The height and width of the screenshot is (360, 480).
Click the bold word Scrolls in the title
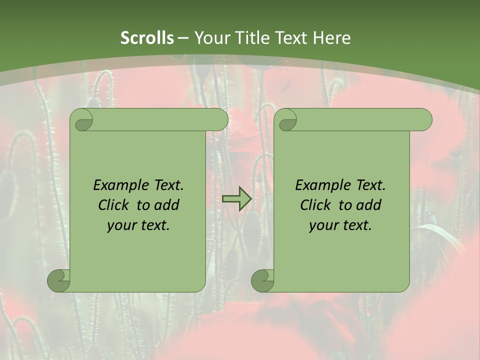pos(147,38)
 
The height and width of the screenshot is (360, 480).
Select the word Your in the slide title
pos(211,38)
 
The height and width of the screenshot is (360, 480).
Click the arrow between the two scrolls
pos(236,198)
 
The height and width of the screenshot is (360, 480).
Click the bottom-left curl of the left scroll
pos(58,280)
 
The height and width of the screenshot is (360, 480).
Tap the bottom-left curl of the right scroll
pos(262,280)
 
